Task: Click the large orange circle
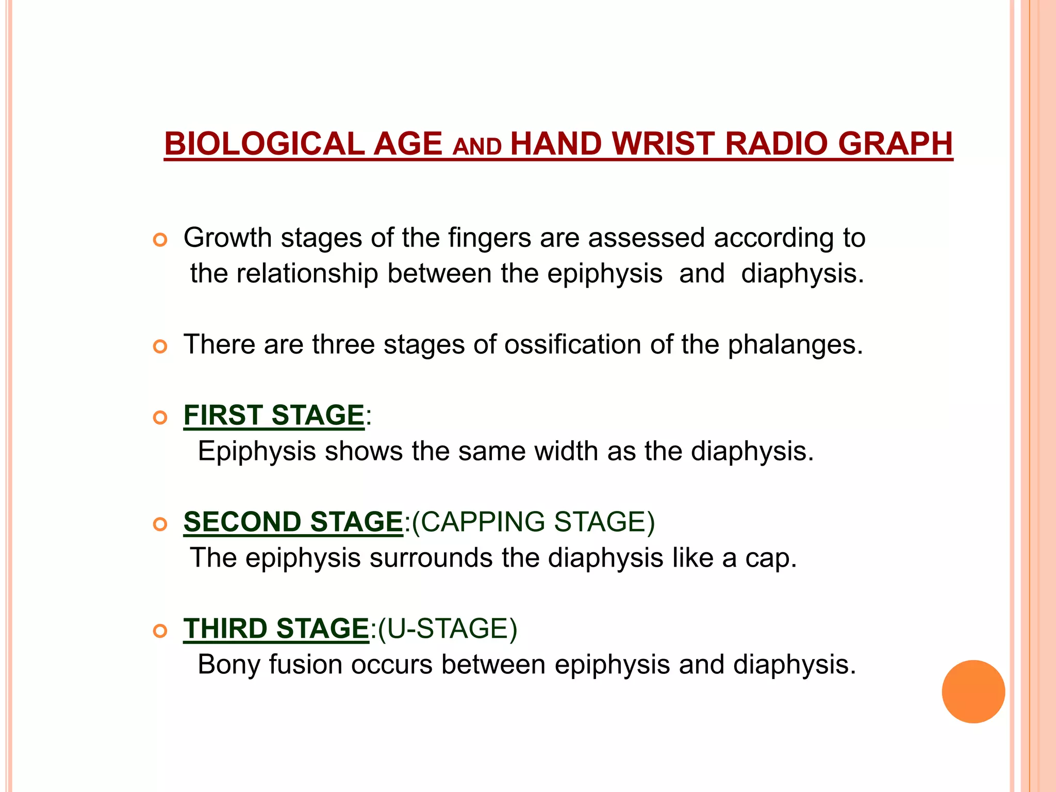tap(973, 691)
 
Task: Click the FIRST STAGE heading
tap(274, 415)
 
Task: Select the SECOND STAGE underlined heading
tap(293, 522)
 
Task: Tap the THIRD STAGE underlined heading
tap(276, 629)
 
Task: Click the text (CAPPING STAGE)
tap(534, 522)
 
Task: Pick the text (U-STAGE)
tap(448, 629)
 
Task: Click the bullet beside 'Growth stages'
tap(160, 240)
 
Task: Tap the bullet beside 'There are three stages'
tap(160, 347)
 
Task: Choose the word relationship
tap(307, 273)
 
